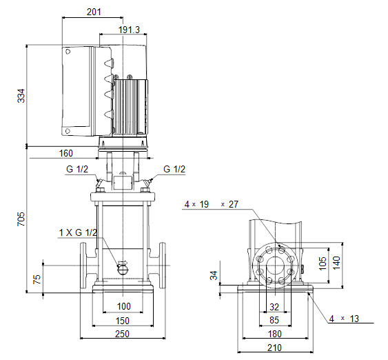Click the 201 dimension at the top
[94, 12]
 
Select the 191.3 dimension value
[129, 30]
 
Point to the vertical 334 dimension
[21, 96]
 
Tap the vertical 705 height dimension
[21, 219]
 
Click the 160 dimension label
[66, 154]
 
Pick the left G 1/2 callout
[77, 170]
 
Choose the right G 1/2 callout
[174, 170]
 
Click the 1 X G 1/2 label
[78, 232]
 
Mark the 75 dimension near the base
[37, 279]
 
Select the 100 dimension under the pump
[124, 306]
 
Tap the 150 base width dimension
[123, 321]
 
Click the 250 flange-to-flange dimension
[122, 334]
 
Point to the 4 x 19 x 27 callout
[212, 205]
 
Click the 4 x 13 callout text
[344, 319]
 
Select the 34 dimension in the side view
[214, 275]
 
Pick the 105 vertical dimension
[323, 263]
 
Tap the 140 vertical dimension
[336, 263]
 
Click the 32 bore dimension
[274, 308]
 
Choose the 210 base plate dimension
[274, 348]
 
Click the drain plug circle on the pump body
[122, 270]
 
